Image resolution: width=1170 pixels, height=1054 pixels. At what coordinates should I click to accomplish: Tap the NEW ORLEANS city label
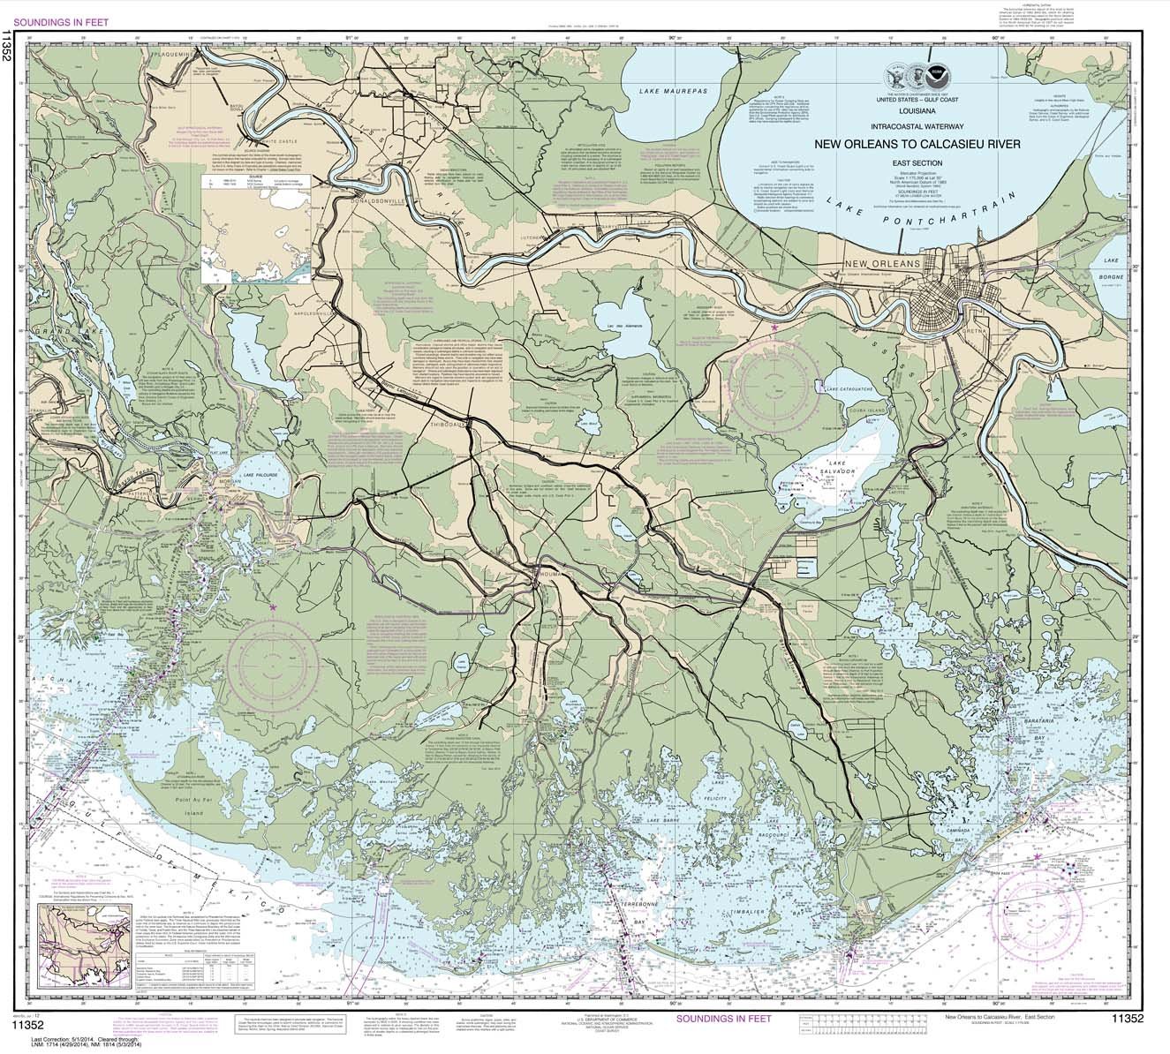point(882,264)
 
